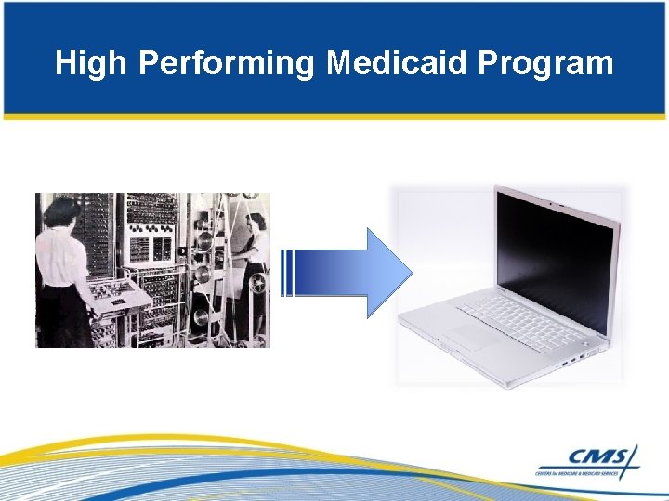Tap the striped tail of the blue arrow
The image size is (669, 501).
287,274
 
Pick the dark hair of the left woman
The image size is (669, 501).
61,208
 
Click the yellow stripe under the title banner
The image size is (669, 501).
334,117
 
